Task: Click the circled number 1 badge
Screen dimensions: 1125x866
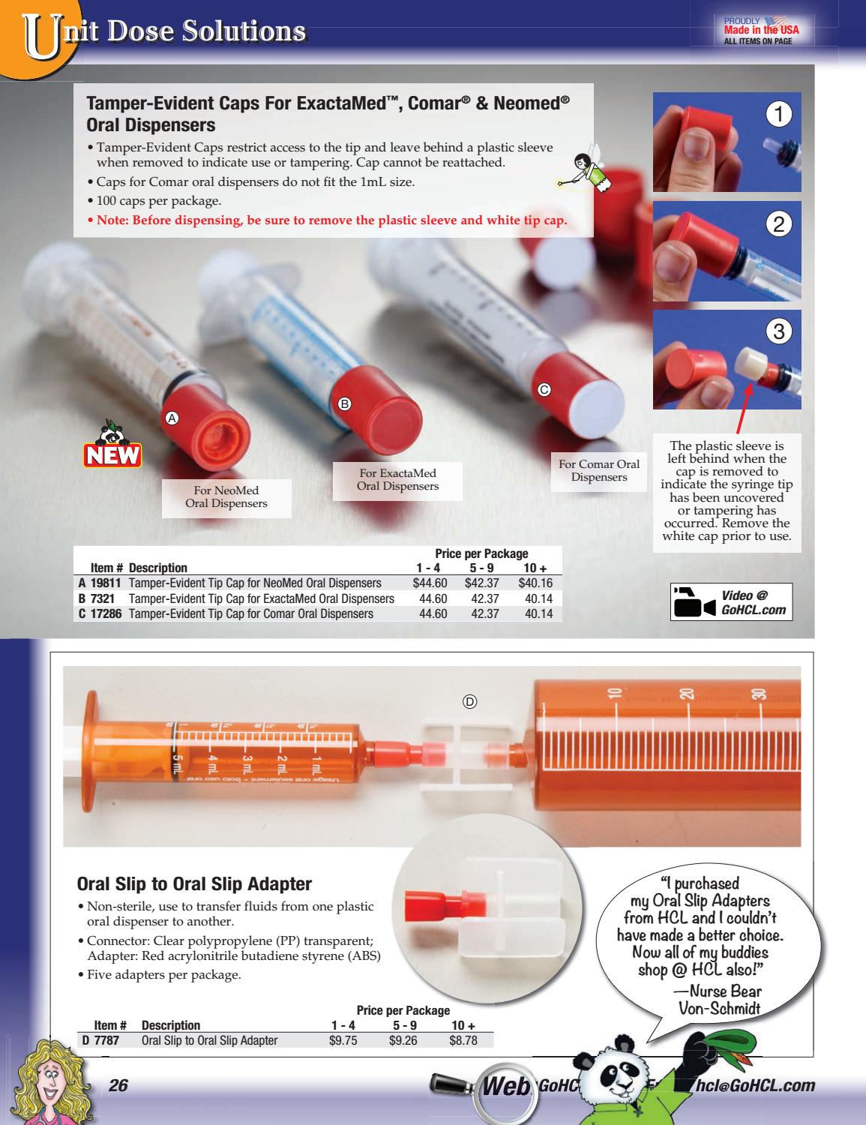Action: [779, 115]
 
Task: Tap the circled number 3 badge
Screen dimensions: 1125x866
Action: [779, 331]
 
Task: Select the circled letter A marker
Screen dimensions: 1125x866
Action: [172, 418]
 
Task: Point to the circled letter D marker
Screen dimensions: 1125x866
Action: [469, 701]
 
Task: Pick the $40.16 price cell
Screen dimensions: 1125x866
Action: [535, 583]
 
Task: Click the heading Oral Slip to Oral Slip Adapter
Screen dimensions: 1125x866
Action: [194, 883]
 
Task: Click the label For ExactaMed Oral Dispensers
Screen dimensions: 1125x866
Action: [397, 479]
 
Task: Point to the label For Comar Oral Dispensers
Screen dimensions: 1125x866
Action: [598, 470]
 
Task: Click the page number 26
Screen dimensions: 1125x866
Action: [119, 1085]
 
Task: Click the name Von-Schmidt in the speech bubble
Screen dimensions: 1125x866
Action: [719, 1009]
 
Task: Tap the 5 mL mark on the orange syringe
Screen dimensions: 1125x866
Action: [178, 766]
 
